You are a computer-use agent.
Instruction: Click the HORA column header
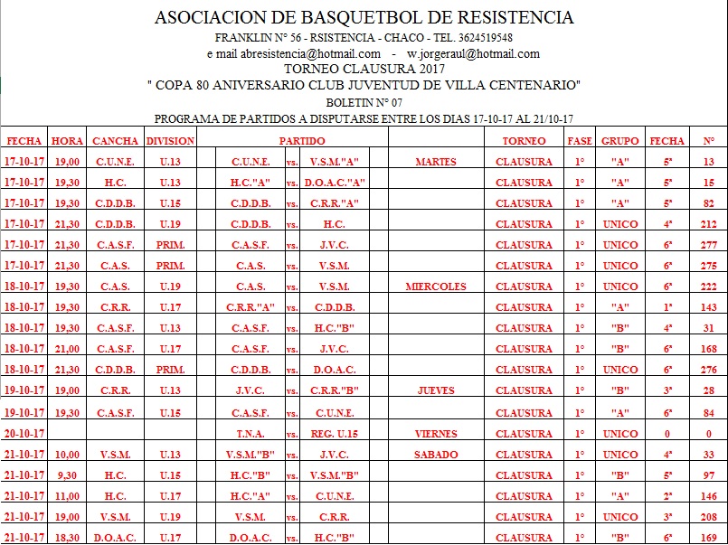point(68,141)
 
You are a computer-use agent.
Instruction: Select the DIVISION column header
point(170,141)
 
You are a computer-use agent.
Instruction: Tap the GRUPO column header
point(619,141)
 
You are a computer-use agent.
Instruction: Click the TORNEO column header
point(524,141)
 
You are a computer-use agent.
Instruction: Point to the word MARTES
point(435,163)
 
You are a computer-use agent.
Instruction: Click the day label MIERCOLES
point(436,287)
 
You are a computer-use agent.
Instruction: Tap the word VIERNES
point(436,434)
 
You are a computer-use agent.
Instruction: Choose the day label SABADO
point(436,455)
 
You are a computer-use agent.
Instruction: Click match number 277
point(708,245)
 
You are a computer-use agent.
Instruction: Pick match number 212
point(708,224)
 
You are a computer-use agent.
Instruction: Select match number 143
point(708,307)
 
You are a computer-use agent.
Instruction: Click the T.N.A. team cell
point(249,434)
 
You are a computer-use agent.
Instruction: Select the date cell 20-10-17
point(24,434)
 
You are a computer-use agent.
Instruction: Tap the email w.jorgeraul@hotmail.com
point(473,53)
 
